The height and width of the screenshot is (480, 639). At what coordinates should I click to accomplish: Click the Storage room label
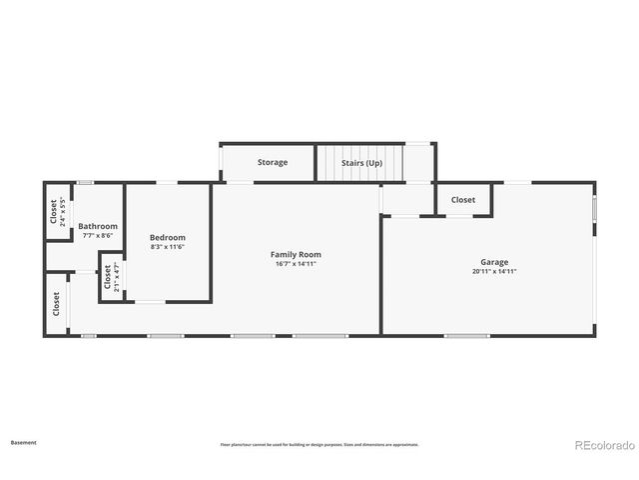tap(273, 162)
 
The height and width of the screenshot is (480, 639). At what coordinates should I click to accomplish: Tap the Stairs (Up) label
tap(360, 162)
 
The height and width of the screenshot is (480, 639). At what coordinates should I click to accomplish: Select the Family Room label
tap(296, 255)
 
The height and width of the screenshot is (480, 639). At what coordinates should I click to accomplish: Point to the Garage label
tap(494, 262)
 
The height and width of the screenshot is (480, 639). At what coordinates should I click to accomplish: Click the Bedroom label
tap(168, 238)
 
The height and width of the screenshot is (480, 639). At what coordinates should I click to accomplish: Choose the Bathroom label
tap(98, 226)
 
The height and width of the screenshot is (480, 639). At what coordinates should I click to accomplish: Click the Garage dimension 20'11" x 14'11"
tap(494, 271)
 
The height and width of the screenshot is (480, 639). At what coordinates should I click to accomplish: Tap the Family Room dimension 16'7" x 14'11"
tap(296, 264)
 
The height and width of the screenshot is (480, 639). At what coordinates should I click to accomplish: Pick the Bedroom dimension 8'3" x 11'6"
tap(168, 247)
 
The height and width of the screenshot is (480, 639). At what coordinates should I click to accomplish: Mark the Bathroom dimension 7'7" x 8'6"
tap(98, 235)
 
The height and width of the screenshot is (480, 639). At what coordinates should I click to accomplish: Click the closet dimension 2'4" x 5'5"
tap(63, 213)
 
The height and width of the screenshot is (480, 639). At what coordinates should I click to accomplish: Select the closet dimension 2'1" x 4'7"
tap(117, 276)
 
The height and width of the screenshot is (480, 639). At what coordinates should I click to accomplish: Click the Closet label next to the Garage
tap(463, 200)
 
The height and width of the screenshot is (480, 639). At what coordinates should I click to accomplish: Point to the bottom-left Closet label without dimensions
tap(56, 302)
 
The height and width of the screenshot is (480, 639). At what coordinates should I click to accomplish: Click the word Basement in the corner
tap(24, 441)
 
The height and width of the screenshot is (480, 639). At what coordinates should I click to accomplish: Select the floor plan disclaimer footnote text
tap(319, 445)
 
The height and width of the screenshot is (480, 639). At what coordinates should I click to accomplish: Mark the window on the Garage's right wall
tap(594, 210)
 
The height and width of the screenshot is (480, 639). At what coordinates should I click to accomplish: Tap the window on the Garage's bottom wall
tap(466, 335)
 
